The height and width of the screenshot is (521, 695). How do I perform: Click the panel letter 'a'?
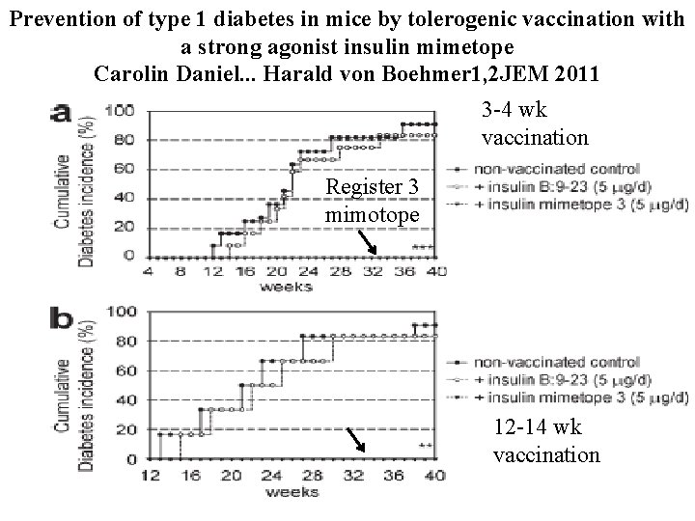[61, 113]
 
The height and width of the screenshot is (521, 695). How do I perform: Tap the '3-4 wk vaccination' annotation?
[534, 124]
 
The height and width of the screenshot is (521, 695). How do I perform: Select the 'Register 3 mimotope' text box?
[373, 200]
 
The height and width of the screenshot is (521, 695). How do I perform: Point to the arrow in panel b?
[356, 440]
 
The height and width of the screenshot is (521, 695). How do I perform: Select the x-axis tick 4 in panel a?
[148, 271]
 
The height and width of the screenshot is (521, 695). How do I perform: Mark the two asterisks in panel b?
[424, 446]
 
